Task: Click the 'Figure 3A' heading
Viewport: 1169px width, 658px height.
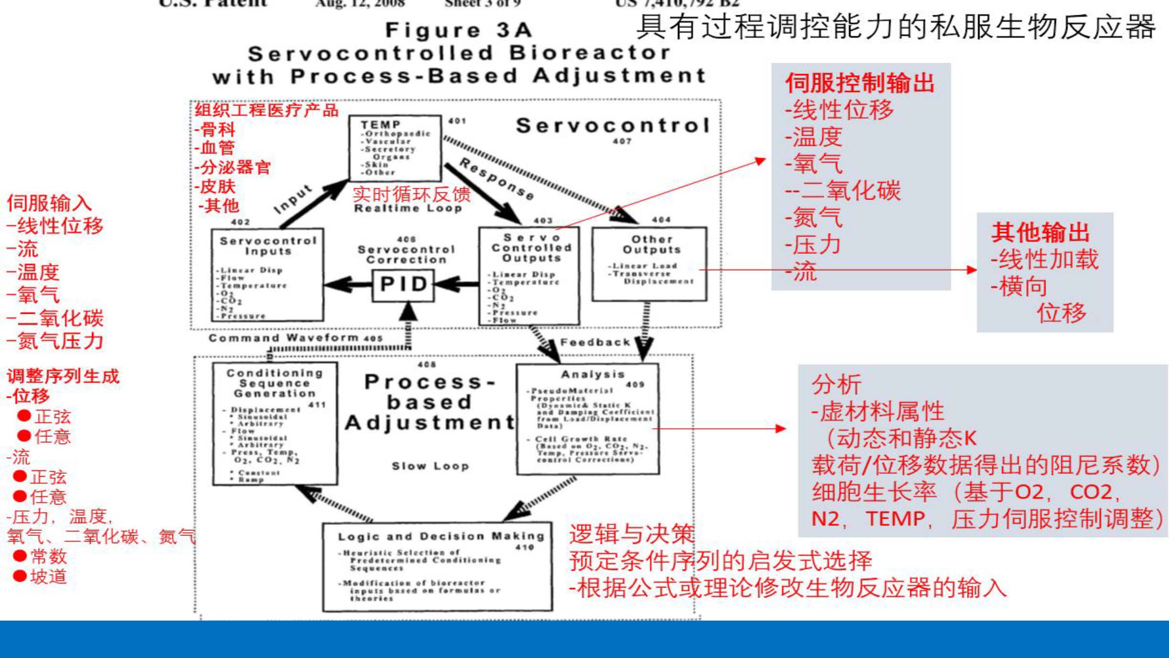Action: point(458,30)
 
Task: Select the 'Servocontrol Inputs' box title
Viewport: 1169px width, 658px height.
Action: point(268,246)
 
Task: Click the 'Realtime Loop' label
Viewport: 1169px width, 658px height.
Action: point(408,209)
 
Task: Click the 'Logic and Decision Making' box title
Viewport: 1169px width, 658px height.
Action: point(441,536)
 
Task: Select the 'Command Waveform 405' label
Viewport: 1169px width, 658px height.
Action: point(295,338)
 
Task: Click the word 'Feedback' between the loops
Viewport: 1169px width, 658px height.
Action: point(595,342)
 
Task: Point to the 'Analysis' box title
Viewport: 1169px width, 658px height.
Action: point(593,375)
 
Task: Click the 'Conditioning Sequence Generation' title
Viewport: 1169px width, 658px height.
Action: point(275,383)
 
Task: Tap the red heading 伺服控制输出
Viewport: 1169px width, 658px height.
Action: point(860,83)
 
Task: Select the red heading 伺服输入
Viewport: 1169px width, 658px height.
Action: point(49,203)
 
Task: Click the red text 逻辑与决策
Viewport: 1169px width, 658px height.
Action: point(631,534)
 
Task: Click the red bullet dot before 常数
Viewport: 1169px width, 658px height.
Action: point(19,555)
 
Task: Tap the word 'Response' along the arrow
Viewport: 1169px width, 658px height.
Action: point(496,179)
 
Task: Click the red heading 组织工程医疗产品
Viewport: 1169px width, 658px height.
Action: point(267,110)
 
